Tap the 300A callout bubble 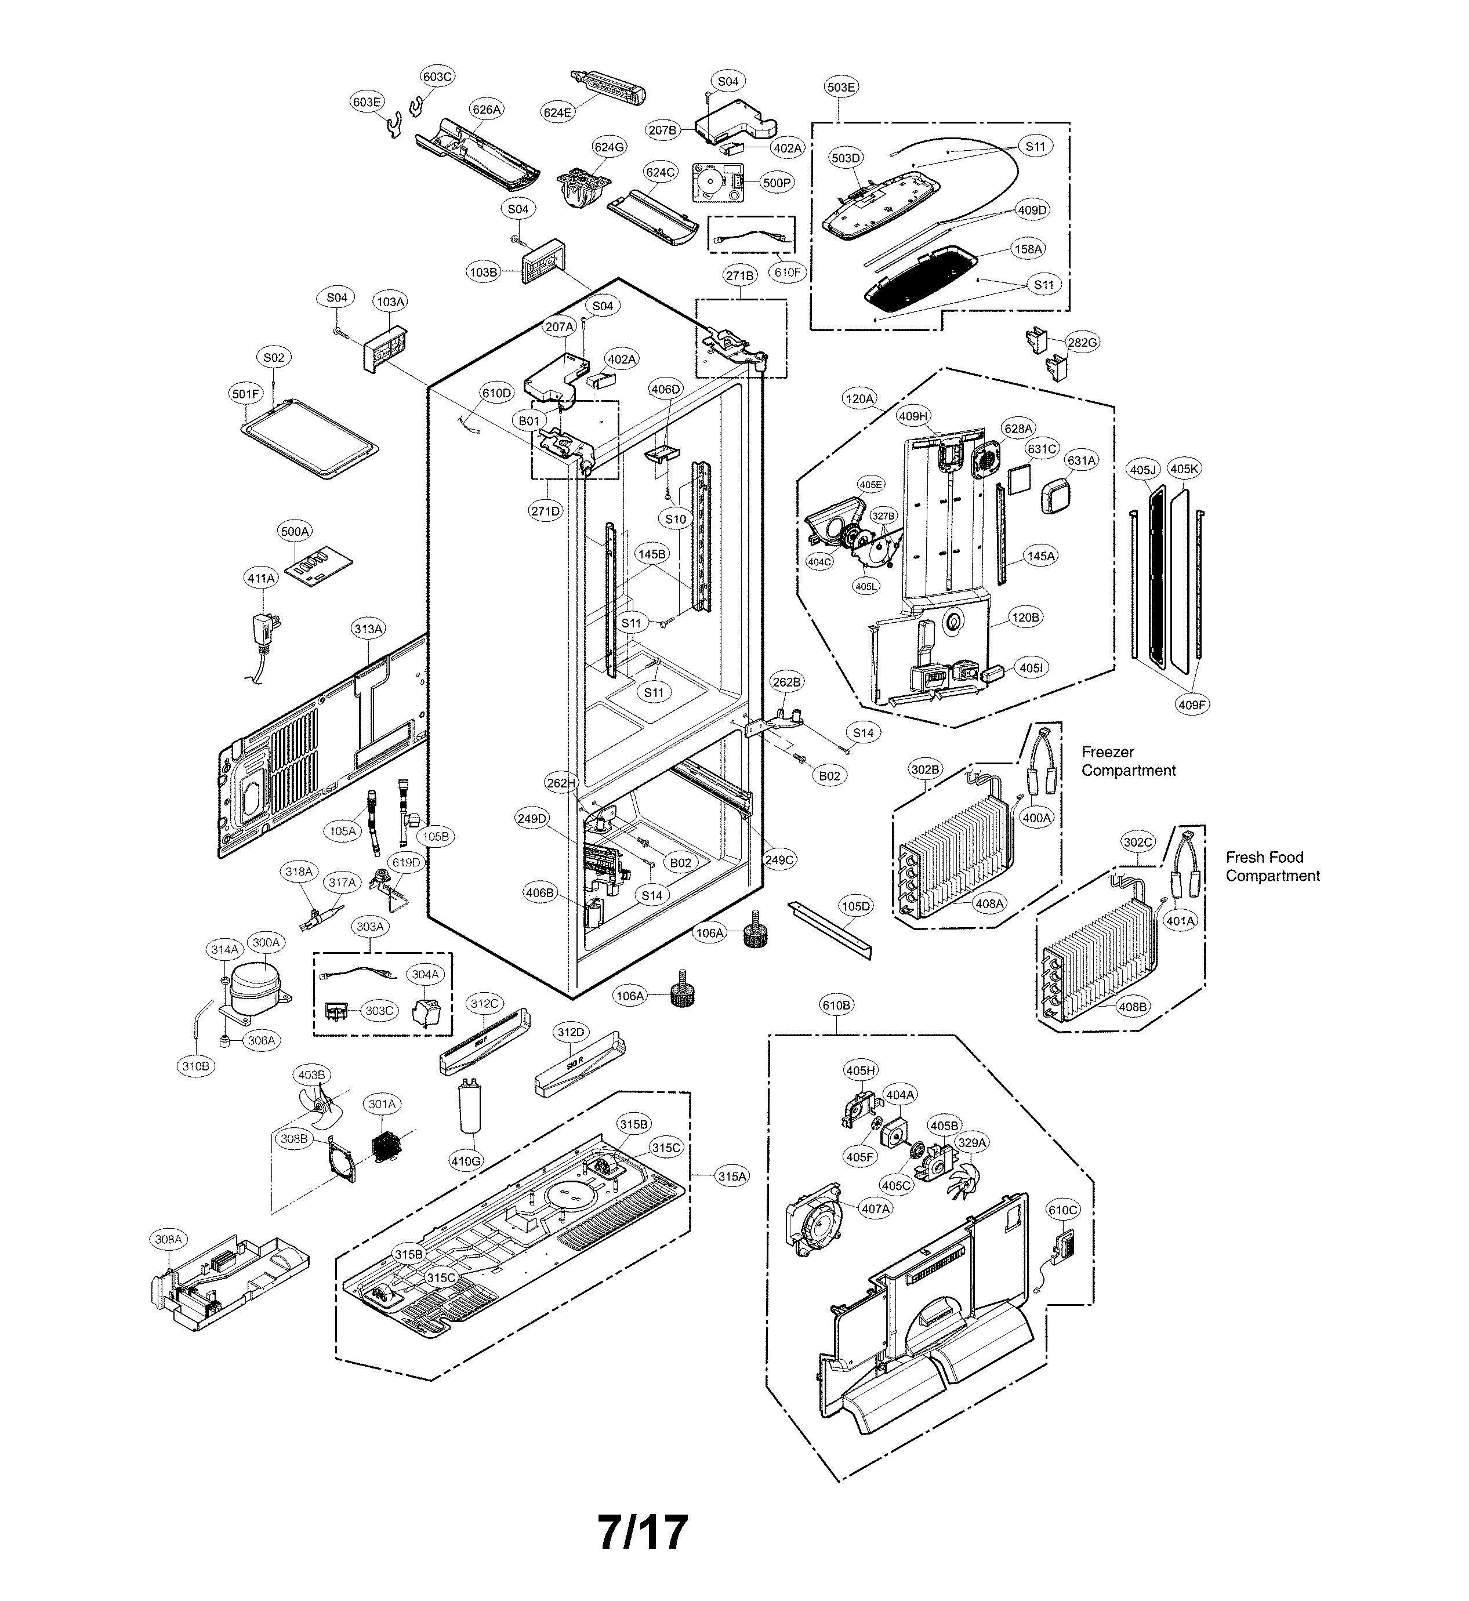click(266, 942)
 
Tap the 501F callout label click(246, 394)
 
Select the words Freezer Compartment click(1127, 761)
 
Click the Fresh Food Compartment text click(1271, 866)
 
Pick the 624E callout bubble click(557, 112)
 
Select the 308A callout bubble click(168, 1239)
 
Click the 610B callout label click(836, 1005)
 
